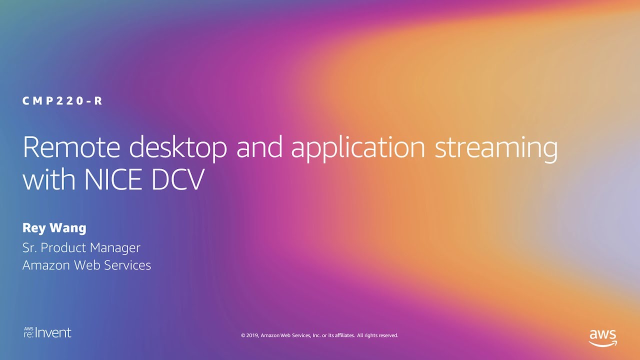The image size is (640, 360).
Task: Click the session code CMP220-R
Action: tap(62, 101)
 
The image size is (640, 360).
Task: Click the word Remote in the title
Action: tap(71, 147)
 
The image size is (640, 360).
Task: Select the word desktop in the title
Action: tap(178, 149)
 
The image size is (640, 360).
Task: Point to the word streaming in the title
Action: tap(496, 149)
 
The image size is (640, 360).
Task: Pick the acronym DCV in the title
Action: tap(178, 179)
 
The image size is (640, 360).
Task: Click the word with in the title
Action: tap(49, 178)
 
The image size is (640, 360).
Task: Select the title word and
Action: tap(259, 146)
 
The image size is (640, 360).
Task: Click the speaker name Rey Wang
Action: tap(54, 228)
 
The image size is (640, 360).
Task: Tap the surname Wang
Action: tap(68, 228)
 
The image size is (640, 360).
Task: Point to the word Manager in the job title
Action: tap(115, 248)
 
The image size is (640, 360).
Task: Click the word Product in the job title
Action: tap(63, 247)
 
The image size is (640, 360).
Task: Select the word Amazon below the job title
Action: tap(46, 265)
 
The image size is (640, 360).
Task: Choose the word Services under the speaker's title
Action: tap(127, 265)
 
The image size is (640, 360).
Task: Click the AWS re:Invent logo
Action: tap(47, 333)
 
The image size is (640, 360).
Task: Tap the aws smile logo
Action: tap(603, 338)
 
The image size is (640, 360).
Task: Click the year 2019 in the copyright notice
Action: tap(252, 335)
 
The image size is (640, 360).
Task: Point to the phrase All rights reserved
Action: tap(377, 335)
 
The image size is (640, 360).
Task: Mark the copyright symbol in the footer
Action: tap(243, 335)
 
